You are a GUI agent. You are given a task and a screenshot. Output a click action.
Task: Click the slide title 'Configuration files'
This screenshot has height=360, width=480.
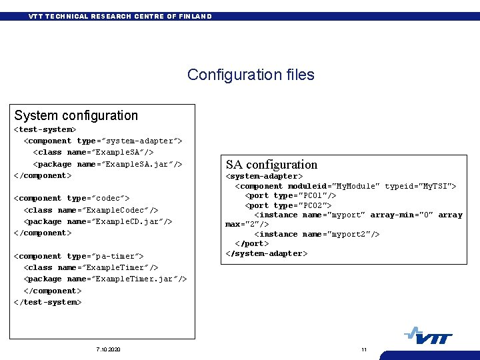[x=251, y=75]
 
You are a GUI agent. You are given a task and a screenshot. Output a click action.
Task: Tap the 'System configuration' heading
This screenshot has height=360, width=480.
[x=76, y=115]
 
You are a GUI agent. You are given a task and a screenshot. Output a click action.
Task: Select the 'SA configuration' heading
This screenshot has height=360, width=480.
[x=271, y=164]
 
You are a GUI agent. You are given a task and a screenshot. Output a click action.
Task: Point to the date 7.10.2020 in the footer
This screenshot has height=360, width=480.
[x=108, y=350]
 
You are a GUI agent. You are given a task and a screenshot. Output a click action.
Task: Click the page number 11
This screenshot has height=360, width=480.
[x=364, y=350]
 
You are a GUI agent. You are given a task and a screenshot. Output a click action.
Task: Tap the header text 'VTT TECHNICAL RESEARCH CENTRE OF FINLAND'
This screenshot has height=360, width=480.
[x=120, y=16]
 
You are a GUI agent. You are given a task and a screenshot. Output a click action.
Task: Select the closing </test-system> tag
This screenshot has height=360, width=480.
[x=48, y=302]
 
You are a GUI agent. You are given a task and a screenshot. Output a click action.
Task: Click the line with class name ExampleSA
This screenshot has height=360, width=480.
[x=93, y=153]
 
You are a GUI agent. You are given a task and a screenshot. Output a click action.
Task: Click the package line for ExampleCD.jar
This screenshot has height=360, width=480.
[x=98, y=221]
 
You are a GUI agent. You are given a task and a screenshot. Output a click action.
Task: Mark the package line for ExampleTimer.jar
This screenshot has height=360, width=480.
[x=105, y=279]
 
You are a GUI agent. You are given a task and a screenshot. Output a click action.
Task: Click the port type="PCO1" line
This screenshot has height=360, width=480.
[x=291, y=195]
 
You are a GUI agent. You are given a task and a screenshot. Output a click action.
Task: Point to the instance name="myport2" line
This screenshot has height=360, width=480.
[x=317, y=234]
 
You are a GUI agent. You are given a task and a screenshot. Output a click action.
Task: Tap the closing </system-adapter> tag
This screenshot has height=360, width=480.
[x=267, y=253]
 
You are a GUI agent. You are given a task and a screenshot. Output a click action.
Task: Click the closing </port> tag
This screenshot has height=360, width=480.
[x=251, y=244]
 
